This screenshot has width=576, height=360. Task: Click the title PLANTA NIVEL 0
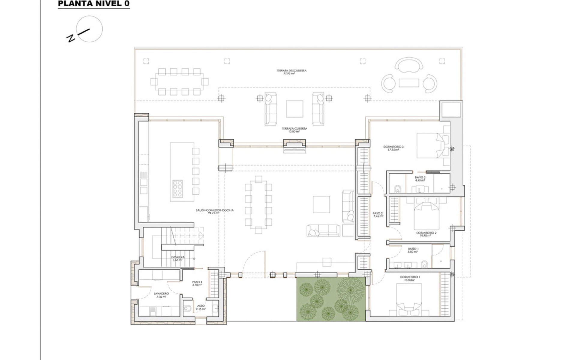pyautogui.click(x=94, y=4)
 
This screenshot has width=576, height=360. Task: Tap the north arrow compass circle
pyautogui.click(x=89, y=29)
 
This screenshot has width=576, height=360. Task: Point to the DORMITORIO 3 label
pyautogui.click(x=393, y=148)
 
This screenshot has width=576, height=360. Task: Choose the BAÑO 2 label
pyautogui.click(x=420, y=179)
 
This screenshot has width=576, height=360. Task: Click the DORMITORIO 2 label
pyautogui.click(x=426, y=234)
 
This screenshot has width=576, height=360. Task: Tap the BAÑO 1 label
pyautogui.click(x=413, y=250)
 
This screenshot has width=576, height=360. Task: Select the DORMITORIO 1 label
pyautogui.click(x=410, y=278)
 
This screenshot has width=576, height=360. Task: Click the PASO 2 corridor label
pyautogui.click(x=378, y=214)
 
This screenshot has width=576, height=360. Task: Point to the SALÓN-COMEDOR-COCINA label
pyautogui.click(x=214, y=212)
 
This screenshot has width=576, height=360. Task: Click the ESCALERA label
pyautogui.click(x=178, y=259)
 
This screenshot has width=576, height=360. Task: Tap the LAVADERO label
pyautogui.click(x=161, y=295)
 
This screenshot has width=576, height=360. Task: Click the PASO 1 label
pyautogui.click(x=197, y=283)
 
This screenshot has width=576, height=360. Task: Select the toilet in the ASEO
pyautogui.click(x=187, y=309)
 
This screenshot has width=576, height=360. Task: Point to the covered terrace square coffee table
pyautogui.click(x=294, y=109)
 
